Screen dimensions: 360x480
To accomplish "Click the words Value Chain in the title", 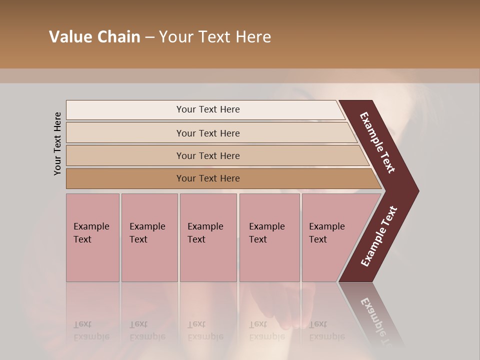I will pos(94,37).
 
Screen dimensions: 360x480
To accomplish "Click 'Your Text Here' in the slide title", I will pos(215,37).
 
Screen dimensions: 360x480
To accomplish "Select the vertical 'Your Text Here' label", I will pos(57,143).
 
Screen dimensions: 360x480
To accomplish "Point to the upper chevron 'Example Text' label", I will pos(377,142).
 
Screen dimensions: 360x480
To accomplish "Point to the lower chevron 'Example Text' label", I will pos(379,236).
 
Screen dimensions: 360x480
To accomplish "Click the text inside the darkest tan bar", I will pos(208,178).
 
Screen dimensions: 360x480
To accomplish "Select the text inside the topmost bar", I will pos(208,109).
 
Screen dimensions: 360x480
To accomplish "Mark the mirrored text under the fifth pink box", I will pos(326,330).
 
